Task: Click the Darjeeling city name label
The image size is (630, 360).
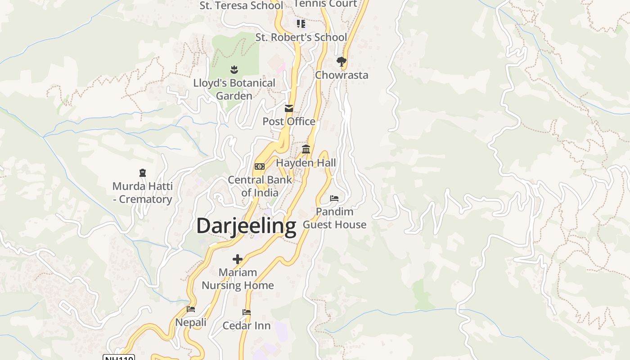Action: click(246, 225)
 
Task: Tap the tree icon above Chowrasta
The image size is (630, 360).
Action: click(342, 61)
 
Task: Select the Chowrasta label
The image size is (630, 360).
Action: click(342, 75)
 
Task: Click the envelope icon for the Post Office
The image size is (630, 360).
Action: click(289, 108)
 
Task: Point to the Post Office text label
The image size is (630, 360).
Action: click(289, 121)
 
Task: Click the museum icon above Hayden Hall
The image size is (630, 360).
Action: click(306, 149)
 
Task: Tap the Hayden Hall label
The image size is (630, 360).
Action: click(306, 162)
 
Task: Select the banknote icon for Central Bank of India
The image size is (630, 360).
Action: click(260, 166)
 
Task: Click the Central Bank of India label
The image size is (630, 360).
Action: click(260, 186)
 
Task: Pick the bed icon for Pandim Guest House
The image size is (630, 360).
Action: click(334, 198)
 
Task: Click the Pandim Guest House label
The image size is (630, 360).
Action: click(334, 218)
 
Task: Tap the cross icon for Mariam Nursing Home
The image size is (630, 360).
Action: click(238, 259)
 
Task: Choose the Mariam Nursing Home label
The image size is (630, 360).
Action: click(238, 279)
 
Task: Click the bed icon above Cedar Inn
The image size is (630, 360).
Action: click(247, 312)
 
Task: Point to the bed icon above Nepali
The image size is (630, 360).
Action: click(191, 309)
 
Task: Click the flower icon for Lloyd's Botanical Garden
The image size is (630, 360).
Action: click(234, 70)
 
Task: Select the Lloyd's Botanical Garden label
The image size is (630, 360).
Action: click(234, 89)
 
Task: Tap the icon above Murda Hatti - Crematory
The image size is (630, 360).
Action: click(143, 173)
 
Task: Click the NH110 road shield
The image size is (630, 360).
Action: click(119, 358)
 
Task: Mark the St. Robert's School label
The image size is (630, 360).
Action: click(301, 37)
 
